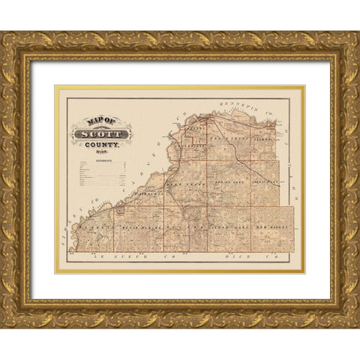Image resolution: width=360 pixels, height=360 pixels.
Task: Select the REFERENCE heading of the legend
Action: (100, 159)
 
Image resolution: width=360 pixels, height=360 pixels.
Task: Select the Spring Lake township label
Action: (226, 183)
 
